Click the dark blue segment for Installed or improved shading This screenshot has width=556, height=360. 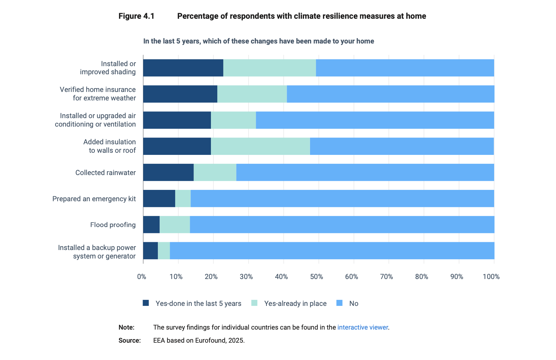(183, 68)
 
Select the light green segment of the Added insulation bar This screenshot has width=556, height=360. (260, 146)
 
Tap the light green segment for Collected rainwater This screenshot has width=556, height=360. (215, 172)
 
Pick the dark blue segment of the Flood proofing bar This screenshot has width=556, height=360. (151, 225)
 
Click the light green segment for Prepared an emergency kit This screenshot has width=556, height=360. (183, 198)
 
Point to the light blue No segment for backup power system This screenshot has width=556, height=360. (332, 251)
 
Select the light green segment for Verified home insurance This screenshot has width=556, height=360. (252, 94)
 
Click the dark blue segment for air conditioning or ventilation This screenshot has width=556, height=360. (177, 120)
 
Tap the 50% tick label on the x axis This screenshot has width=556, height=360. (316, 277)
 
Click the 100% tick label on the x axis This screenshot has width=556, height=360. (491, 277)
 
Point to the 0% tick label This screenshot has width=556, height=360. (142, 277)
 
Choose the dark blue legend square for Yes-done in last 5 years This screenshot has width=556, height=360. (146, 303)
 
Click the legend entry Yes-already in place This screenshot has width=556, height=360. (295, 303)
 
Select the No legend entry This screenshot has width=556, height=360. (353, 303)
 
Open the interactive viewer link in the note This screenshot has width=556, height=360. (362, 327)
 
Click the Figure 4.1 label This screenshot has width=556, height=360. (136, 16)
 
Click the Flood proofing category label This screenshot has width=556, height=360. (113, 225)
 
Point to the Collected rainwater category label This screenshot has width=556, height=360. (105, 173)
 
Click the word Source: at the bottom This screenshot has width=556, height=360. (130, 341)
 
